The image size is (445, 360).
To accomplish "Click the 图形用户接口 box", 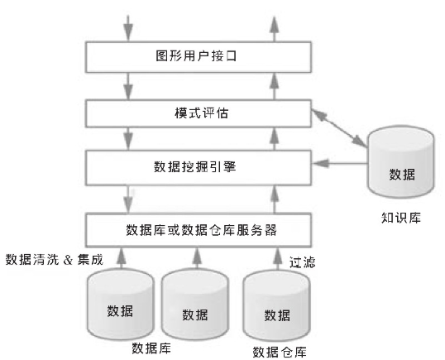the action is (x=199, y=57).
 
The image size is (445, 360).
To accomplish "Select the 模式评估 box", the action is (x=199, y=113).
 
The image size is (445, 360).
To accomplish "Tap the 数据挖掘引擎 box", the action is (x=199, y=167).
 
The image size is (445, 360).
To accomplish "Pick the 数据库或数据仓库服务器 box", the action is (x=199, y=230).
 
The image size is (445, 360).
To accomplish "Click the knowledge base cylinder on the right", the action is (x=400, y=161).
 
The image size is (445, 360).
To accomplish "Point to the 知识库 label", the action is (x=400, y=218).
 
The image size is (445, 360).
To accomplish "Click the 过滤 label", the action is (x=302, y=262).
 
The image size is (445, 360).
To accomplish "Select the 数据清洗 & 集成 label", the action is (x=55, y=260).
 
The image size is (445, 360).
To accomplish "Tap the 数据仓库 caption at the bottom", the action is (x=280, y=352).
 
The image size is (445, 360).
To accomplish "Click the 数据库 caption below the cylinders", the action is (x=151, y=348).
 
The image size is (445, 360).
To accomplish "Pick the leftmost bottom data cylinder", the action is (x=120, y=305).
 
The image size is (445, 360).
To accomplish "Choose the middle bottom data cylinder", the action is (x=195, y=305).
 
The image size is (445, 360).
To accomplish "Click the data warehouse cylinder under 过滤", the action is (x=277, y=305).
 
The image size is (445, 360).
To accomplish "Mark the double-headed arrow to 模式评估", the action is (x=339, y=128).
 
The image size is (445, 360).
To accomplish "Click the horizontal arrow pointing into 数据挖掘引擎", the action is (x=340, y=163).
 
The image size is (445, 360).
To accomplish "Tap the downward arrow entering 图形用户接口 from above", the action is (x=128, y=28).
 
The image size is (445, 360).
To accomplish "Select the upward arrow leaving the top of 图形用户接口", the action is (x=274, y=29).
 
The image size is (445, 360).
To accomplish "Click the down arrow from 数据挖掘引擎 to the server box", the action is (x=128, y=199).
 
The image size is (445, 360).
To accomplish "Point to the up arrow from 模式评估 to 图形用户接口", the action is (x=274, y=86).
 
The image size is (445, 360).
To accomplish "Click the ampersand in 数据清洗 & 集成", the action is (x=68, y=260).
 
